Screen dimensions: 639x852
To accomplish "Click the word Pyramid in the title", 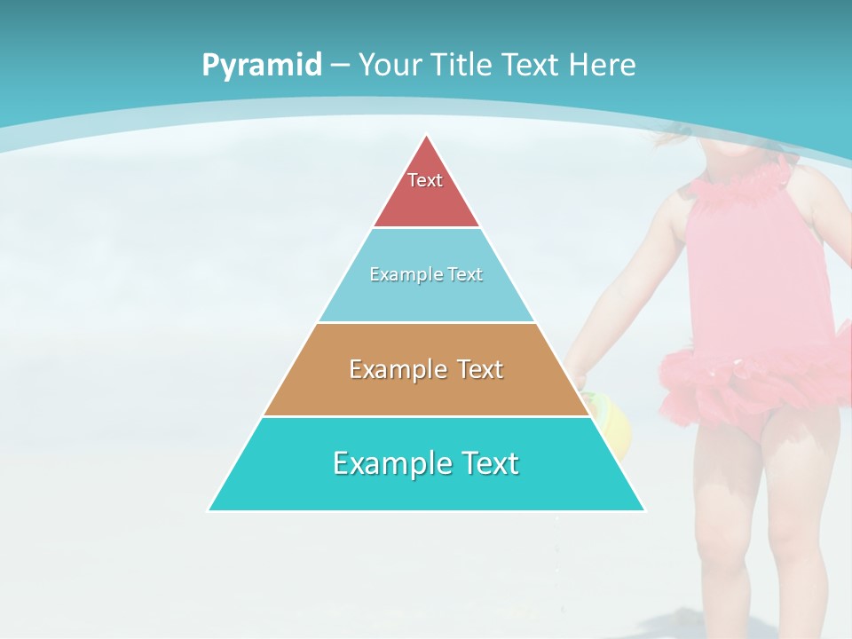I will click(261, 66).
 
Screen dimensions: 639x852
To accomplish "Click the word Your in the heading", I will click(391, 66).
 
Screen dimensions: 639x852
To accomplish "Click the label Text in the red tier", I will click(425, 180).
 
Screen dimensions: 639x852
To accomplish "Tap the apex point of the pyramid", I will click(427, 137).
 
